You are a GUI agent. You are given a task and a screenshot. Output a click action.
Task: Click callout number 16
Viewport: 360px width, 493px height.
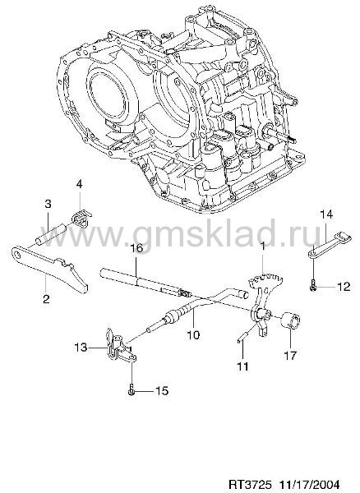[x=136, y=248]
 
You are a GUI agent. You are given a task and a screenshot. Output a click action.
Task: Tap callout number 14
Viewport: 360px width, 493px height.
[x=326, y=214]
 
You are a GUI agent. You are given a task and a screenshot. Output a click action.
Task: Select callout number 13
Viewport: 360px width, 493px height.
[x=81, y=348]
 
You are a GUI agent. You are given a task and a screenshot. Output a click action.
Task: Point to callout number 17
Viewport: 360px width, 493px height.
[x=290, y=355]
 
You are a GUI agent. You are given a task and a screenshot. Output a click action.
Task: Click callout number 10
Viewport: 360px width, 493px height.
[x=194, y=334]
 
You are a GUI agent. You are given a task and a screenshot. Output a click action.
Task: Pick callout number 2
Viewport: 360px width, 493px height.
[x=46, y=298]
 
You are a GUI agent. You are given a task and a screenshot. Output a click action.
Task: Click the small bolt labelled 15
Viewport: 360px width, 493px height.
[x=132, y=389]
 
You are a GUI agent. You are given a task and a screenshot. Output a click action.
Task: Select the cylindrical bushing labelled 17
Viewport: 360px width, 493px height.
[x=290, y=320]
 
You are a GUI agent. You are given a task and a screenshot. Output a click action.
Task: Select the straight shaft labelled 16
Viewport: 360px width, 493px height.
[x=145, y=281]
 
